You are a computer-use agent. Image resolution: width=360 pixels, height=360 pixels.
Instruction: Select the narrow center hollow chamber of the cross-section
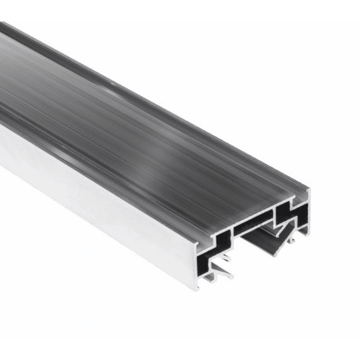pos(253,225)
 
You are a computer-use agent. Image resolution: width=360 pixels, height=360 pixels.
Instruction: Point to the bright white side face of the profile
pos(95,189)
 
